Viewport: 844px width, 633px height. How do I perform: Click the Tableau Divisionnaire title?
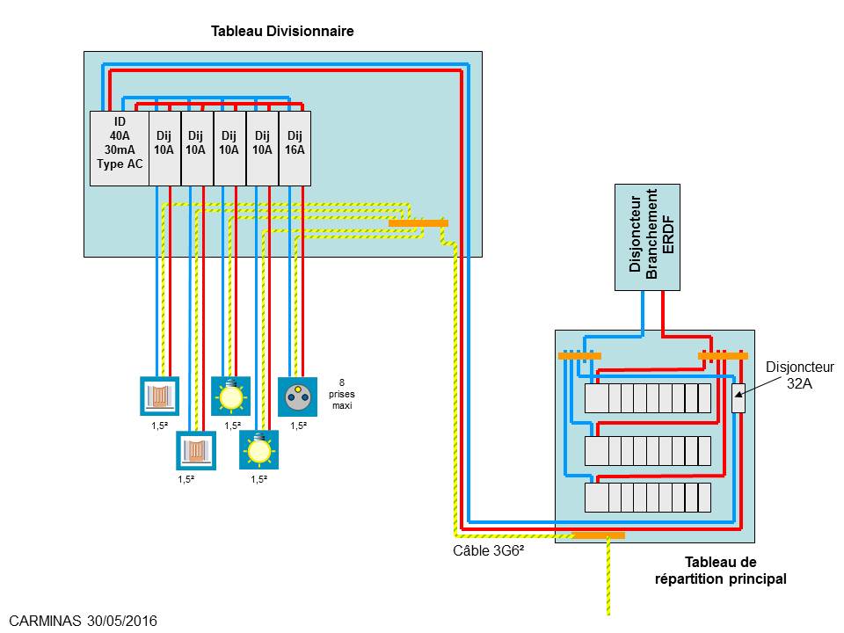[282, 31]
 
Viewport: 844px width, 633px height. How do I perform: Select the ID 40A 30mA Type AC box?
[120, 149]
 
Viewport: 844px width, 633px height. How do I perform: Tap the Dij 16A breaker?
[295, 149]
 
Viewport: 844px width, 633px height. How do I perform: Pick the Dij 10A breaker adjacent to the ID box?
[164, 149]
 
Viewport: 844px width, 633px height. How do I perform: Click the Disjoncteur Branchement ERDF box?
[647, 237]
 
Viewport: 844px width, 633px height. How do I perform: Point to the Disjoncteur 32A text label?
[799, 375]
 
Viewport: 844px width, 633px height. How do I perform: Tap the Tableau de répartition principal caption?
[721, 571]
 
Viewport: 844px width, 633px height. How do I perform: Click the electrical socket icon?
[296, 395]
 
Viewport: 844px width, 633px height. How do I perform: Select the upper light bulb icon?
[230, 395]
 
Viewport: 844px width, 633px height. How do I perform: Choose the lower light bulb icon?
[259, 448]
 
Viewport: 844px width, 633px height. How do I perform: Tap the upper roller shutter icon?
[160, 395]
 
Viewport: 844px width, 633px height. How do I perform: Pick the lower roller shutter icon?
[195, 449]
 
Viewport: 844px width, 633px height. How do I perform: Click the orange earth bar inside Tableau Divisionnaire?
[418, 223]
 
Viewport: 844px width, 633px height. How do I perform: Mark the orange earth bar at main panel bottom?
[599, 535]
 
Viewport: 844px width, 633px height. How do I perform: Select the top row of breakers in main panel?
[648, 398]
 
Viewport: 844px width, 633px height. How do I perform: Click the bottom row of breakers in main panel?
[648, 497]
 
